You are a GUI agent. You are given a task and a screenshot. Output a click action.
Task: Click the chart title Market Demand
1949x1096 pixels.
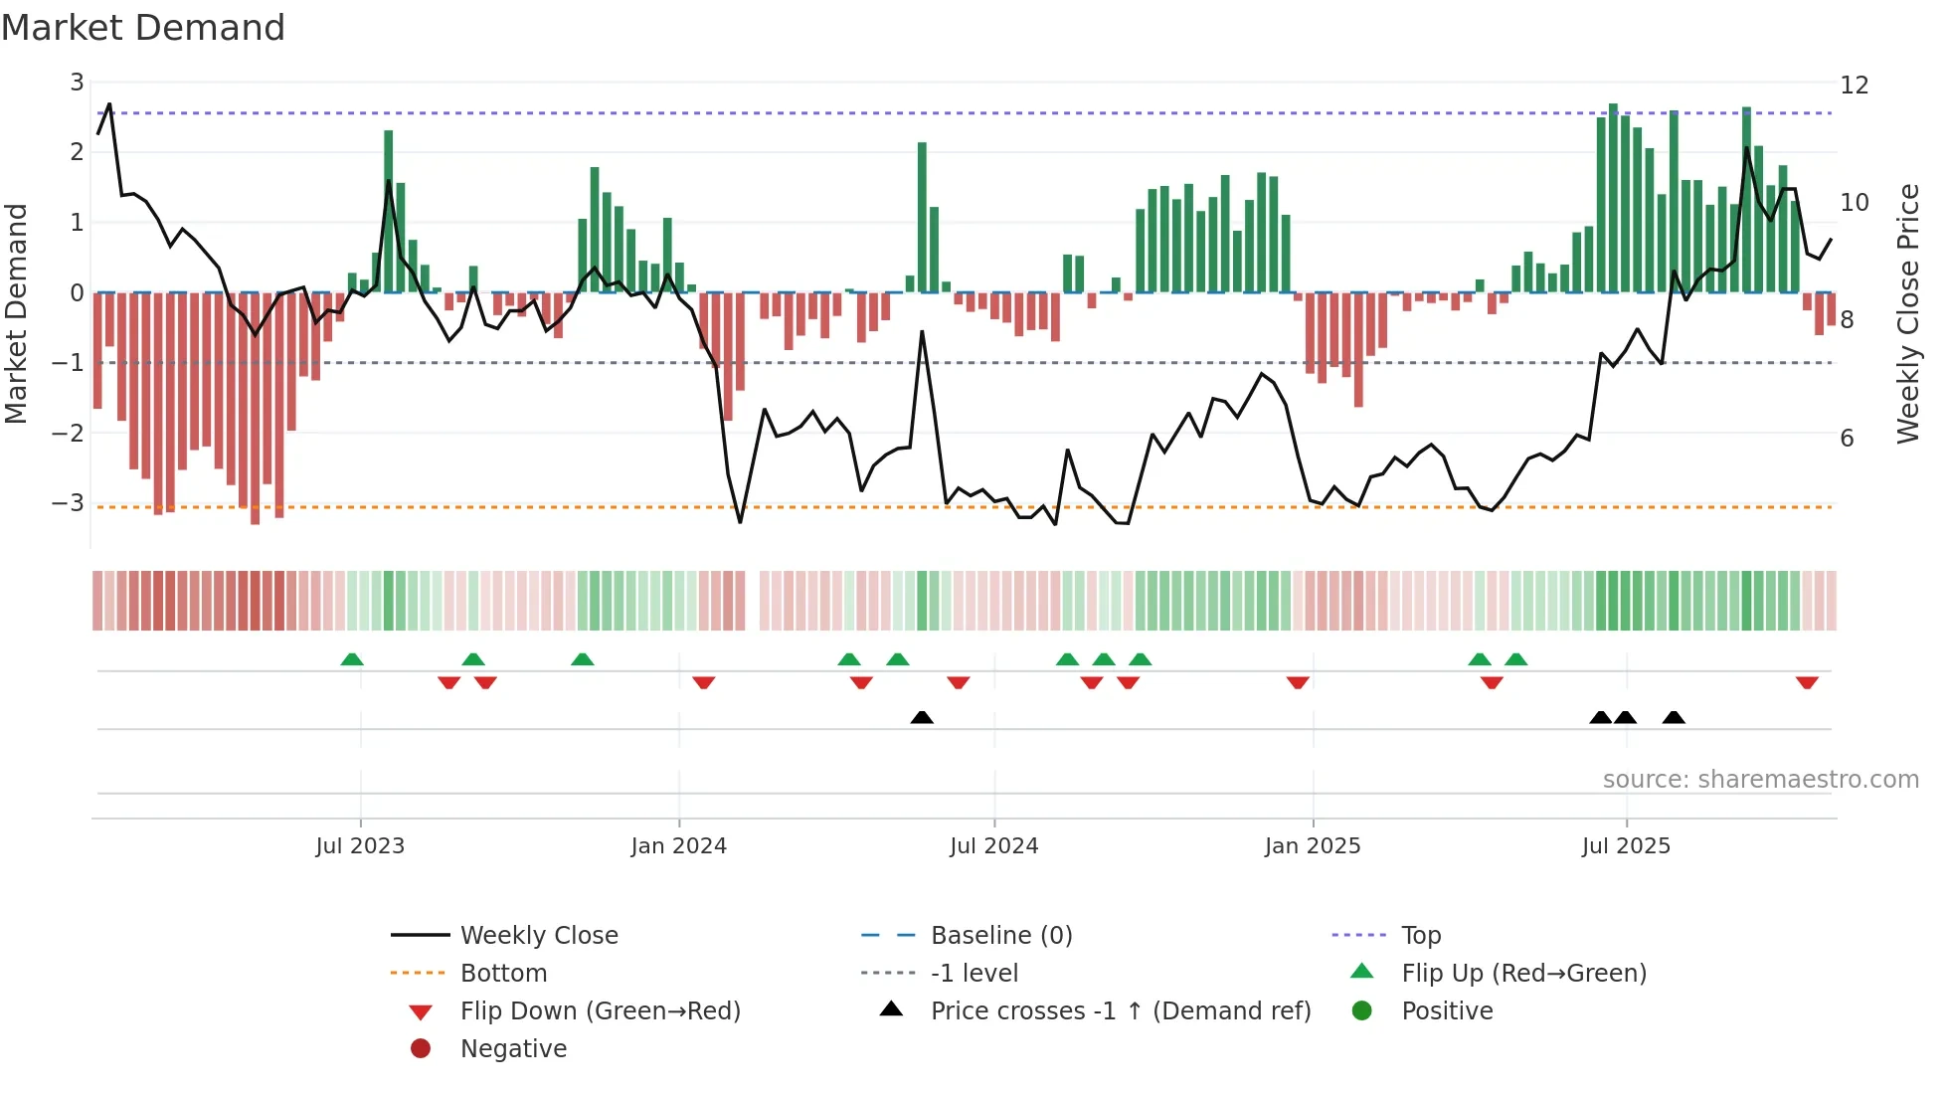143,28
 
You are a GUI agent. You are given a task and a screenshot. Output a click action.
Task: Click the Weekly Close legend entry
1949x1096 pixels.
538,935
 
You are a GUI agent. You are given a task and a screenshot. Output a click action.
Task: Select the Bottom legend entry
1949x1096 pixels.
503,973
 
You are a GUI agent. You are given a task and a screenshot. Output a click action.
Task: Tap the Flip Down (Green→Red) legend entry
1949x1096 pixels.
600,1010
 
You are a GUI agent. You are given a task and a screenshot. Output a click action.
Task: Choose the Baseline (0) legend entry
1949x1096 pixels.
1000,935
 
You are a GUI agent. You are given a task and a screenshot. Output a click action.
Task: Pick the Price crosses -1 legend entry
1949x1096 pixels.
1120,1010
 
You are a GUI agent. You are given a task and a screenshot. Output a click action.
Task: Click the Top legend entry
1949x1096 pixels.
1420,935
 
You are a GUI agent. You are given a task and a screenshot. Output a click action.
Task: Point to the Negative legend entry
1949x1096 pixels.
513,1048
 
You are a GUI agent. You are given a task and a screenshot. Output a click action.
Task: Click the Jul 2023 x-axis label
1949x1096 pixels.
360,846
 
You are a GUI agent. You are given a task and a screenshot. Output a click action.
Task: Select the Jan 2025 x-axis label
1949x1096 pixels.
1313,846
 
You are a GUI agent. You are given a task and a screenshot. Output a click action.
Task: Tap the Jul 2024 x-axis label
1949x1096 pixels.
993,846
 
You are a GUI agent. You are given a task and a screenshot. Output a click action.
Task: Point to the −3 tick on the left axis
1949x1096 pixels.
69,502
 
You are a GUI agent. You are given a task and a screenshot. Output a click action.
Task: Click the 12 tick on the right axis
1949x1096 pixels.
1855,86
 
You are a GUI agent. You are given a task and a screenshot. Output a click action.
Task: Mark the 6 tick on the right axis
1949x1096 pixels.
1847,439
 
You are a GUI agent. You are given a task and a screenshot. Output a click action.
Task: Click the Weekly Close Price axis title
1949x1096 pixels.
1907,313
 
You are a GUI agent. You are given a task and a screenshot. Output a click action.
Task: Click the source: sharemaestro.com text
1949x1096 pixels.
1760,780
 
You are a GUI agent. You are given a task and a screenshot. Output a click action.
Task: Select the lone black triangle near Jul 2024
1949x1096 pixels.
922,717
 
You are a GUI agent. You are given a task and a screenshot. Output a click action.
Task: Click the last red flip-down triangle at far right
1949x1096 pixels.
1807,682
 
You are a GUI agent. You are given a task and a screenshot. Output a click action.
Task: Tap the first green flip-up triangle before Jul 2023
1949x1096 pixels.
352,659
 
